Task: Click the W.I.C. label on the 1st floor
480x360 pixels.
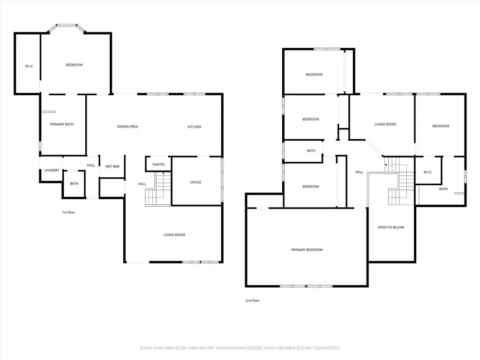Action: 30,67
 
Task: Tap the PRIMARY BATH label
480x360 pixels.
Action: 62,124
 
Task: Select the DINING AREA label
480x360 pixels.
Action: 127,127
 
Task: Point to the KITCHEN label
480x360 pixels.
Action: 195,127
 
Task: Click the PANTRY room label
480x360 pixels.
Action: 158,165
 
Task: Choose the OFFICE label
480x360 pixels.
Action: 195,182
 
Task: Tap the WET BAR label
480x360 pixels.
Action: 112,166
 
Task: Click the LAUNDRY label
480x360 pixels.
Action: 52,170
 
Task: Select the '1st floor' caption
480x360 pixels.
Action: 68,212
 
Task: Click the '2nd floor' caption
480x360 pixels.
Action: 253,300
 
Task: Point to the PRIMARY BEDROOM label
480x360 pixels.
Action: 307,250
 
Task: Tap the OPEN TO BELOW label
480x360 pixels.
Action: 391,227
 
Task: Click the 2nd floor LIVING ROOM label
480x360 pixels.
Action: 385,124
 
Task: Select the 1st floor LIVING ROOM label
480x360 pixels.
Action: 174,235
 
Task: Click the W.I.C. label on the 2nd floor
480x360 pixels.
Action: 427,172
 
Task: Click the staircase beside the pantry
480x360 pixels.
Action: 158,189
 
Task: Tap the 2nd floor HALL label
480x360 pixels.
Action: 360,172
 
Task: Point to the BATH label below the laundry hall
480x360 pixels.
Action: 74,184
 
